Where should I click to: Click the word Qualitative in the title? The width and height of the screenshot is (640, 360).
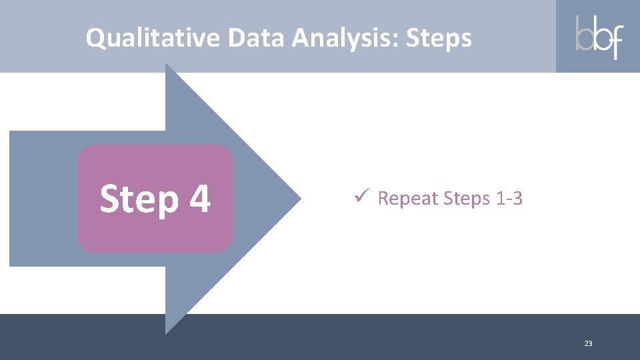pyautogui.click(x=153, y=38)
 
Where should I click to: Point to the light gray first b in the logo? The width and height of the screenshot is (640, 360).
pyautogui.click(x=585, y=35)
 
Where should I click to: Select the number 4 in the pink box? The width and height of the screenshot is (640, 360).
pyautogui.click(x=199, y=198)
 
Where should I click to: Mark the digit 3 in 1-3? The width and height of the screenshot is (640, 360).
pyautogui.click(x=517, y=199)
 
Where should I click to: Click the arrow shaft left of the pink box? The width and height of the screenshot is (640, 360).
pyautogui.click(x=43, y=198)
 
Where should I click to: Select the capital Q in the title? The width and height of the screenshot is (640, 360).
pyautogui.click(x=95, y=38)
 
